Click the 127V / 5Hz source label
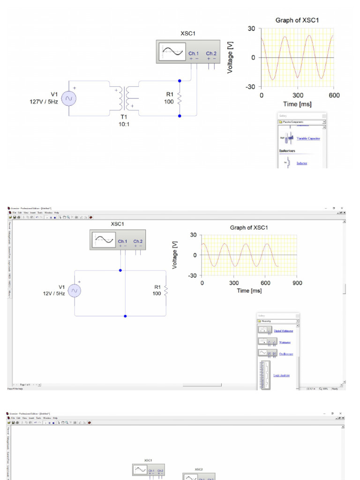coord(44,101)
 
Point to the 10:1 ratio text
coord(124,125)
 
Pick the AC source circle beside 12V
coord(74,291)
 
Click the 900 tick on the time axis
coord(297,283)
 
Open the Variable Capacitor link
coord(308,138)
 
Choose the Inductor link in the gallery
coord(302,163)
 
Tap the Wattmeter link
coord(285,342)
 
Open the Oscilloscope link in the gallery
coord(286,354)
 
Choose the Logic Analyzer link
coord(282,375)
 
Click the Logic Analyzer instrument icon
coord(265,374)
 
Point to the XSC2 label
coord(199,469)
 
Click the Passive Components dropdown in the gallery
coord(302,122)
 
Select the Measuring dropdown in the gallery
coord(278,321)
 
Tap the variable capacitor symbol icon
coord(287,138)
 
